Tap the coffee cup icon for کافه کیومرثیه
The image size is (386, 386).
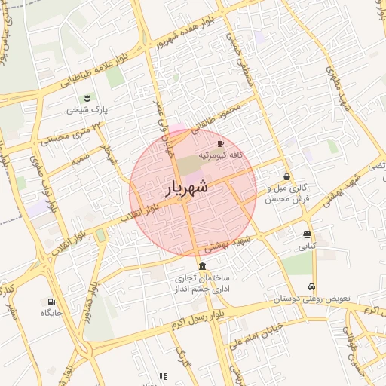click(x=220, y=142)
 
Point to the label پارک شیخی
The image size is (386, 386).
click(x=87, y=110)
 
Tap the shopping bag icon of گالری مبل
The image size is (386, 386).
click(x=287, y=177)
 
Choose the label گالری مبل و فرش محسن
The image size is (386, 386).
click(x=287, y=193)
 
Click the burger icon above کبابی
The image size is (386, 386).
click(x=306, y=234)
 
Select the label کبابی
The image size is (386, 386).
click(x=306, y=246)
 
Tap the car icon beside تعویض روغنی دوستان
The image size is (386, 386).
click(x=311, y=287)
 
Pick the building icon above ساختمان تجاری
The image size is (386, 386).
click(x=201, y=267)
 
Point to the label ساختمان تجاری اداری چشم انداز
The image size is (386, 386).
click(x=202, y=283)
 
